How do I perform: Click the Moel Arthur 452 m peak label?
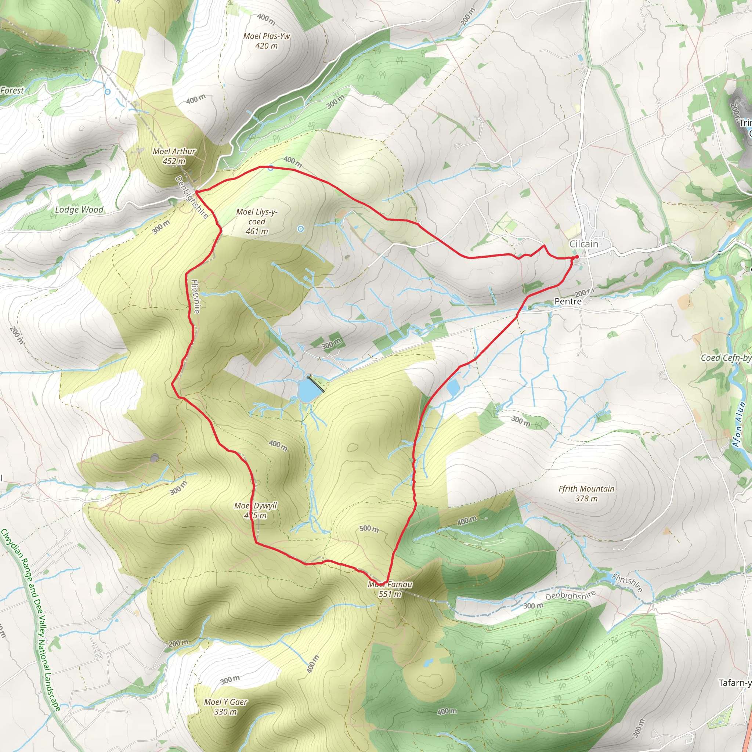point(174,156)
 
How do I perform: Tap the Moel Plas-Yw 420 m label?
point(267,41)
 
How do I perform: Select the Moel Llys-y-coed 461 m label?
point(257,221)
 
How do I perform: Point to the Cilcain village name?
point(583,244)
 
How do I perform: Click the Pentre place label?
point(568,301)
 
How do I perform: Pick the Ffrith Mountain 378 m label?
point(586,493)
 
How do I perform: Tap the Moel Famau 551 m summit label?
point(390,589)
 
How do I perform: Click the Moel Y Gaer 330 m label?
point(226,706)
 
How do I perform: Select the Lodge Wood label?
point(79,210)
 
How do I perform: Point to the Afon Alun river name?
point(738,424)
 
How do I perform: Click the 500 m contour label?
point(369,529)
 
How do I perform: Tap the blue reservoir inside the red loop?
point(308,391)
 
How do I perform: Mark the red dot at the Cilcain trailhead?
point(576,257)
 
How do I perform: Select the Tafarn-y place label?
point(734,683)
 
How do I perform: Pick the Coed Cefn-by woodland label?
point(726,358)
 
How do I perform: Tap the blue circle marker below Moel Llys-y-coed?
point(300,229)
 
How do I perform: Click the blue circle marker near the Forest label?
point(108,92)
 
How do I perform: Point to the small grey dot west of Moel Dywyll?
point(155,458)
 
